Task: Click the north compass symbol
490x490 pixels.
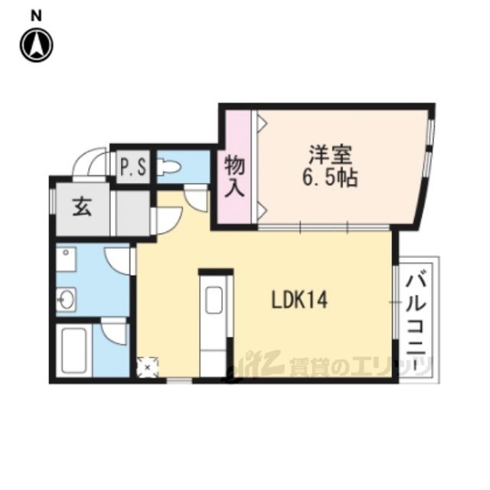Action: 37,45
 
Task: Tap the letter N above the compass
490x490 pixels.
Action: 36,16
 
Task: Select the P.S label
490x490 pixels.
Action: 133,168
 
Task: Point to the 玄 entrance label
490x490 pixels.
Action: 82,207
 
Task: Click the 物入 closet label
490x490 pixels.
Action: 234,177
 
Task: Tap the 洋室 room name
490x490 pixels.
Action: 331,155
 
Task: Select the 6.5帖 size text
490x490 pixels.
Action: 330,178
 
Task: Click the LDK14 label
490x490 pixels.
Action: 300,300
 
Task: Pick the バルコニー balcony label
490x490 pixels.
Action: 416,322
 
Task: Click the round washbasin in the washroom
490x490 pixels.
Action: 67,299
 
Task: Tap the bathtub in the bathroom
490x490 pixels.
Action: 74,349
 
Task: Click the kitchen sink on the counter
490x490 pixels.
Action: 214,300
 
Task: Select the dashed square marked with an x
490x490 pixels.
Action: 148,367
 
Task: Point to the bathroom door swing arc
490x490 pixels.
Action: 114,332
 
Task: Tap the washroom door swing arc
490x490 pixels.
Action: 117,261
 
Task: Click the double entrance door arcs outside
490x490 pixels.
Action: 92,162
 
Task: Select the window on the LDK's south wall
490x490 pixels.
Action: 179,381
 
